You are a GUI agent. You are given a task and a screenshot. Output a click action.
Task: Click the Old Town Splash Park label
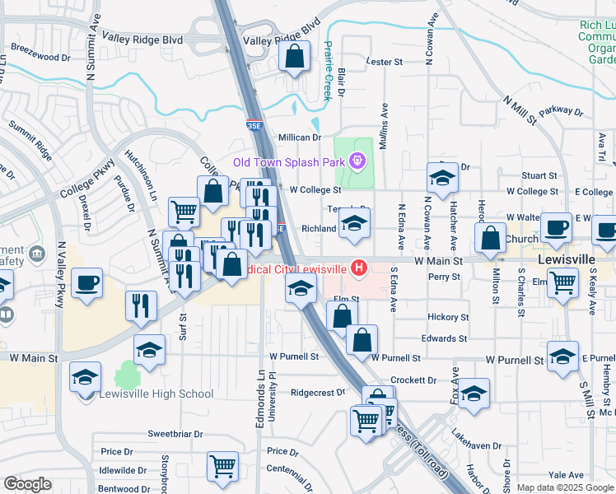click(288, 162)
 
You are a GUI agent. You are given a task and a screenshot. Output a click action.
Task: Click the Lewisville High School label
click(156, 394)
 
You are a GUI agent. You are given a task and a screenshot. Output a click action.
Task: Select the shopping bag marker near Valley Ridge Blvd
click(294, 57)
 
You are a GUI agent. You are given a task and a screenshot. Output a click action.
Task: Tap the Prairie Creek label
click(327, 71)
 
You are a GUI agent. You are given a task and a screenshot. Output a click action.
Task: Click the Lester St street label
click(384, 62)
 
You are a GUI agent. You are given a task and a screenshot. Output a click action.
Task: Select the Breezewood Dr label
click(42, 57)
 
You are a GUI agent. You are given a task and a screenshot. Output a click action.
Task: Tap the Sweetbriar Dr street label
click(175, 433)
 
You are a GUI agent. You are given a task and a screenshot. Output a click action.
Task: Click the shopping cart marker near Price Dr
click(222, 466)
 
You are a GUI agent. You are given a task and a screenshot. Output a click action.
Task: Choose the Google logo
click(27, 484)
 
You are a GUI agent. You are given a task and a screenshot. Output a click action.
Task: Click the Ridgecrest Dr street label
click(309, 394)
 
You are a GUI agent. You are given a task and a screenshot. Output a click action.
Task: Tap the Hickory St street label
click(448, 317)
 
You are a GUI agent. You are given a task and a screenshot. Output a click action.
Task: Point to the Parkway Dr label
click(561, 110)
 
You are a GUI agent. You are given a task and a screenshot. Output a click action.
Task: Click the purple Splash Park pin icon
click(357, 161)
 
